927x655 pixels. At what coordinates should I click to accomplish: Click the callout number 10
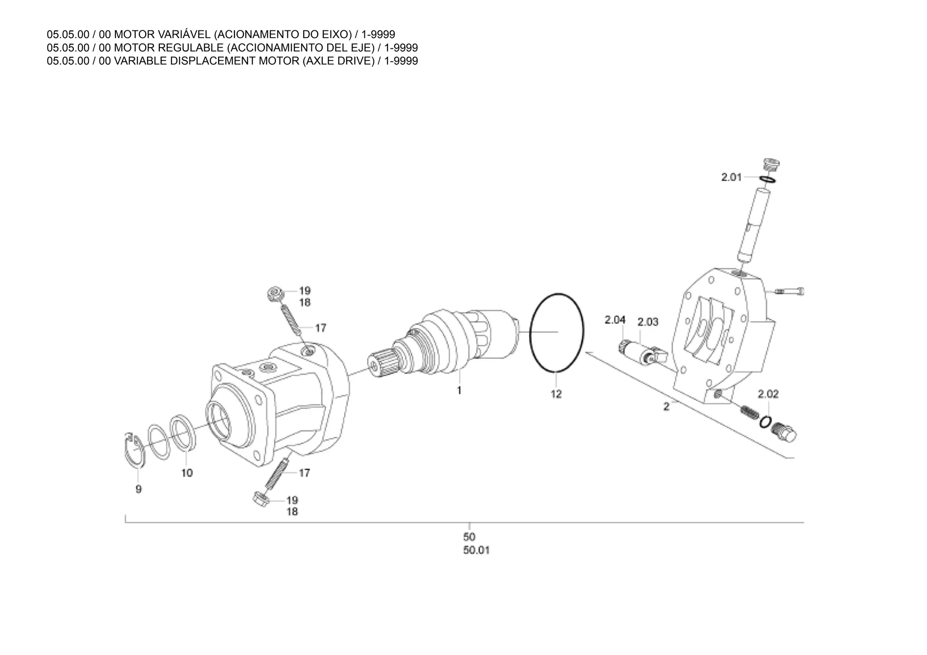point(187,473)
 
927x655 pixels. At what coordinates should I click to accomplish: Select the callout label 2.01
point(731,177)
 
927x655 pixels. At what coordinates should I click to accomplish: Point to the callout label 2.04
point(615,320)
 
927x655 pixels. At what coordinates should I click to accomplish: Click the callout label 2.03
point(648,322)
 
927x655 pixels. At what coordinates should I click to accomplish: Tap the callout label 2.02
point(768,394)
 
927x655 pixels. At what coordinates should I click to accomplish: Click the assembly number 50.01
point(476,550)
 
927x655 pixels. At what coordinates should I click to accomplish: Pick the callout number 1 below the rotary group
point(459,390)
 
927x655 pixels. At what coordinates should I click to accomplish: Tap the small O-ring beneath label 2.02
point(765,422)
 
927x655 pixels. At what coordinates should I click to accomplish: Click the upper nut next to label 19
point(275,294)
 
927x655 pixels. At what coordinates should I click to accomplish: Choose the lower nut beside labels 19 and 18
point(261,499)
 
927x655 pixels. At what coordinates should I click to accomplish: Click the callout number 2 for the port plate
point(666,407)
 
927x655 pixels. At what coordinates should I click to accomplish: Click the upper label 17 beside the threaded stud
point(320,328)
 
